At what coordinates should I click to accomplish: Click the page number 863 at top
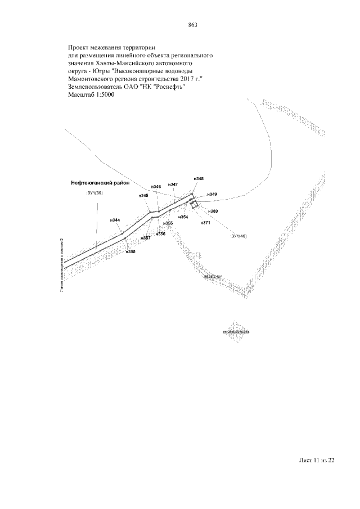click(192, 24)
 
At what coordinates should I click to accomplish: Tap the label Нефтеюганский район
click(101, 182)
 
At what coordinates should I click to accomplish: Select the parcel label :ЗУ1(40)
click(239, 236)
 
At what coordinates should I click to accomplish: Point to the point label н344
click(116, 220)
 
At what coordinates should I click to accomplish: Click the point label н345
click(143, 195)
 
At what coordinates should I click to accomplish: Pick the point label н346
click(156, 186)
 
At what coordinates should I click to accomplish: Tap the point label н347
click(173, 184)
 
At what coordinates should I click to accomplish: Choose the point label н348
click(198, 178)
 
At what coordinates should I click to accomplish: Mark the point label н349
click(212, 194)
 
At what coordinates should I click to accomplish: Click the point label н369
click(213, 211)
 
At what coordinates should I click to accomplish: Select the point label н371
click(205, 223)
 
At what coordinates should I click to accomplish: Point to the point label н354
click(183, 217)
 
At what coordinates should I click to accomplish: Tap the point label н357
click(146, 238)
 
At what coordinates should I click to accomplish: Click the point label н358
click(130, 251)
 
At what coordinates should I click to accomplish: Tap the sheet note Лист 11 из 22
click(317, 461)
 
